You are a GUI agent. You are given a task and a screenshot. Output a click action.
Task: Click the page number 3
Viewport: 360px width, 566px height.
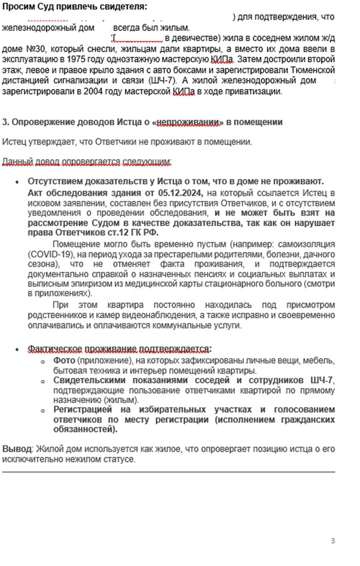click(333, 540)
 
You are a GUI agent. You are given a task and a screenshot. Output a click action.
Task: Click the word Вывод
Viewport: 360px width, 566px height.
click(16, 449)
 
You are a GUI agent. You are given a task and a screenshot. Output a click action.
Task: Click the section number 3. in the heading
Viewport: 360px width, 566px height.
click(6, 122)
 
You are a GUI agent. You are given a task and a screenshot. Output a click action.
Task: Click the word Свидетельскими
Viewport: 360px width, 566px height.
click(86, 380)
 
